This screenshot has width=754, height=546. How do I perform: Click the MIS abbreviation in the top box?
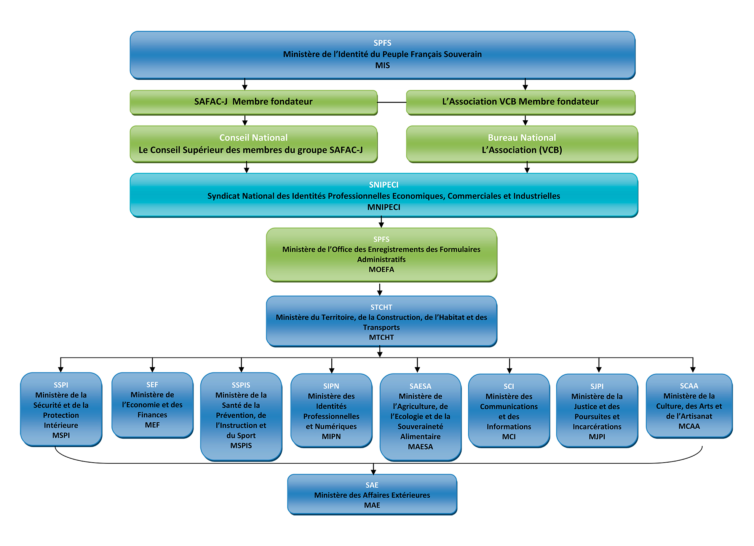(382, 65)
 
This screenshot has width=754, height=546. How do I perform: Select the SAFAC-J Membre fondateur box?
(253, 102)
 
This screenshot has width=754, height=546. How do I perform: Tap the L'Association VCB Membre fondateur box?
(521, 102)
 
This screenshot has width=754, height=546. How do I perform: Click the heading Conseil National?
(253, 137)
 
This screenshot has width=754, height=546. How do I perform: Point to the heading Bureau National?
(522, 137)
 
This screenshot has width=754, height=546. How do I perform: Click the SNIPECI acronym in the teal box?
(383, 185)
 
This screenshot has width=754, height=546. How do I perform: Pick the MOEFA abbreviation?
(381, 270)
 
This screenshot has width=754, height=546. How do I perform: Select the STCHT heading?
(381, 307)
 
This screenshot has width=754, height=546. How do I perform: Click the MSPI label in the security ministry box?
(61, 435)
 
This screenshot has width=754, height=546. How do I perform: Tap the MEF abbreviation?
(152, 425)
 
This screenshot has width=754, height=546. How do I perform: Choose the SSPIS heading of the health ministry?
(241, 385)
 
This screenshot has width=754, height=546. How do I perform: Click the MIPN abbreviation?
(331, 437)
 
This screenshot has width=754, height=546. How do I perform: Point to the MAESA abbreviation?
(420, 447)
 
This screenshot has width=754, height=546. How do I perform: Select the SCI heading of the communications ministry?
(509, 386)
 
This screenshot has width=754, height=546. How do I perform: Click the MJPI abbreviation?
(597, 437)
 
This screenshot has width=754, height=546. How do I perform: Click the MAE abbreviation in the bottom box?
(372, 505)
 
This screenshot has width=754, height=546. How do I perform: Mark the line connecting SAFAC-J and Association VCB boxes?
(392, 102)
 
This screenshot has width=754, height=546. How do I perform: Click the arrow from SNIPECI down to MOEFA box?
(381, 222)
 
